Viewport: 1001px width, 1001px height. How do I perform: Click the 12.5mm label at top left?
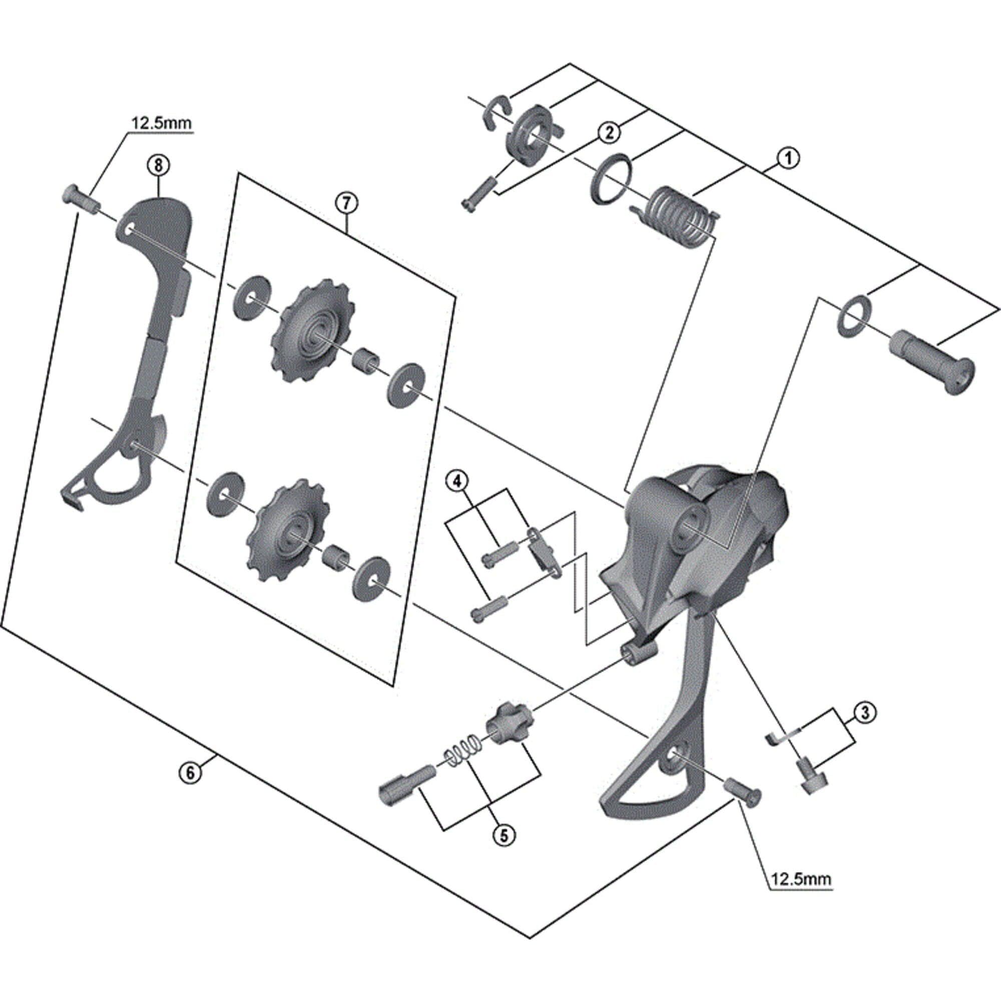click(x=161, y=124)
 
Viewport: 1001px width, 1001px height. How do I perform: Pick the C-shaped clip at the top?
click(x=497, y=110)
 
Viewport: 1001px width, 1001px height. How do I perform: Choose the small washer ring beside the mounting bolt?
click(x=853, y=316)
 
